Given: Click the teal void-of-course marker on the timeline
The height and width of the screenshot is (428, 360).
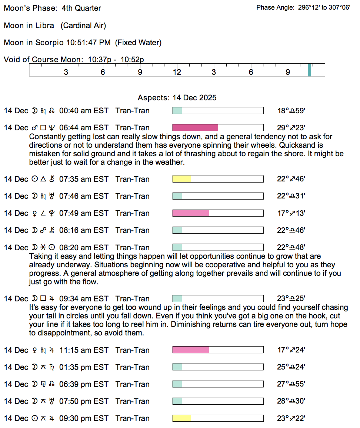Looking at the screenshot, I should click(x=309, y=70).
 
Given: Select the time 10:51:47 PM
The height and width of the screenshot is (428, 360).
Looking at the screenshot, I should click(x=88, y=43).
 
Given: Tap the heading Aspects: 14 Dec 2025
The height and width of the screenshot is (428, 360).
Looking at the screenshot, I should click(x=177, y=98).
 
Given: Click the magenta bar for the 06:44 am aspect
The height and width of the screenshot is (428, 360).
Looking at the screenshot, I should click(x=195, y=128).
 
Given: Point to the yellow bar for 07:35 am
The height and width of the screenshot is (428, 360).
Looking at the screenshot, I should click(x=181, y=179).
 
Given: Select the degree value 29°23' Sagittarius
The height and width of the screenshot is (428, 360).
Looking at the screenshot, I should click(x=291, y=128).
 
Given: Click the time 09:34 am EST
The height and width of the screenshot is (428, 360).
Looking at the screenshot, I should click(x=84, y=299).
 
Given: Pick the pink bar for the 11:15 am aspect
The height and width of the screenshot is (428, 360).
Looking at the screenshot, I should click(x=191, y=350).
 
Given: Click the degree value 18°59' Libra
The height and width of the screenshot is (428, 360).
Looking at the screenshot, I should click(x=291, y=111).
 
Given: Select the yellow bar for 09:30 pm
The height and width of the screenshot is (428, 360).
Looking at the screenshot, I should click(x=181, y=418).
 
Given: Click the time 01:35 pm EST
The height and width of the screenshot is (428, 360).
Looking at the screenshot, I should click(x=84, y=367).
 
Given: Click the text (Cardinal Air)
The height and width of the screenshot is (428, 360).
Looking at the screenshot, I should click(x=83, y=26).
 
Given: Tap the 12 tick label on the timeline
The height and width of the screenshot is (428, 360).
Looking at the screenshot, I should click(x=177, y=72).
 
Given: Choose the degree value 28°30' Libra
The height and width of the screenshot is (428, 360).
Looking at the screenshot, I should click(x=291, y=401).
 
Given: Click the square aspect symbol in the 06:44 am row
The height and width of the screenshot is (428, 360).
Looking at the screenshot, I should click(x=43, y=128).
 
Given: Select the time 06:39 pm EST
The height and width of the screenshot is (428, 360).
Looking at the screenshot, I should click(x=84, y=384).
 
